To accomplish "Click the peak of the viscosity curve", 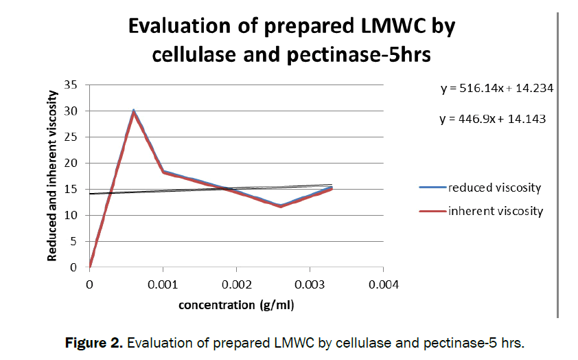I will pyautogui.click(x=133, y=111).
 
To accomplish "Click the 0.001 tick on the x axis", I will pyautogui.click(x=163, y=283).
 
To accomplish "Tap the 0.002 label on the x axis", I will pyautogui.click(x=236, y=283).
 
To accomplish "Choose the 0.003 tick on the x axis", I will pyautogui.click(x=310, y=283).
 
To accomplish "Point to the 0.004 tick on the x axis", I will pyautogui.click(x=383, y=283).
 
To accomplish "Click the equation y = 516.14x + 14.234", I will pyautogui.click(x=497, y=89).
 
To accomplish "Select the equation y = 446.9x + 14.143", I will pyautogui.click(x=492, y=118).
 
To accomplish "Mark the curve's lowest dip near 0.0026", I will pyautogui.click(x=280, y=206).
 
